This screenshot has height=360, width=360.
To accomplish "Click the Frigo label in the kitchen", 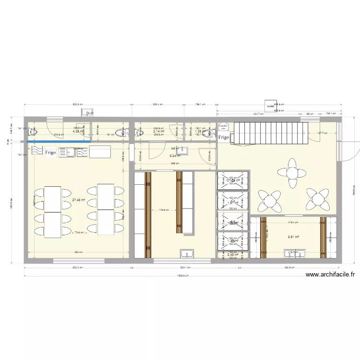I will point(50,153).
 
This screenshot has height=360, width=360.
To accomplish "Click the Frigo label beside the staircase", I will point(224,138).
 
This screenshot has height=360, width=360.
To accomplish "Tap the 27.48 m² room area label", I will point(79,201).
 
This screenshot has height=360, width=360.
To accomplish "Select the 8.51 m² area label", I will point(293,237).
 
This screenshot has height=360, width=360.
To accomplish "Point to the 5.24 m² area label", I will point(174,156).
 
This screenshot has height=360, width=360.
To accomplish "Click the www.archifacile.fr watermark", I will point(330,275).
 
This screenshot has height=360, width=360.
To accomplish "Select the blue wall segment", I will point(59,142).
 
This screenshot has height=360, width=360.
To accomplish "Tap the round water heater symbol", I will point(223,126).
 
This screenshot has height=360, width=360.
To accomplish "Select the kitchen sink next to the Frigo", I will point(68,153).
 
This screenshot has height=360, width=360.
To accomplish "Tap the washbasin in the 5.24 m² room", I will point(181,150).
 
